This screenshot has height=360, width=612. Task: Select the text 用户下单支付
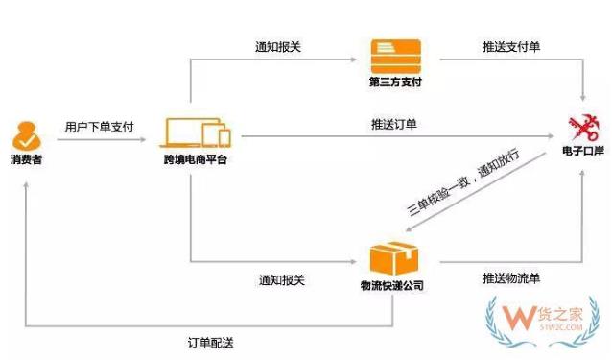pos(99,127)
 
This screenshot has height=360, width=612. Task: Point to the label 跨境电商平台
pos(196,158)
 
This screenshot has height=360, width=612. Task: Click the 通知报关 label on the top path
pos(279,47)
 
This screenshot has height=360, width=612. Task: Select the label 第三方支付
pos(394,82)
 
